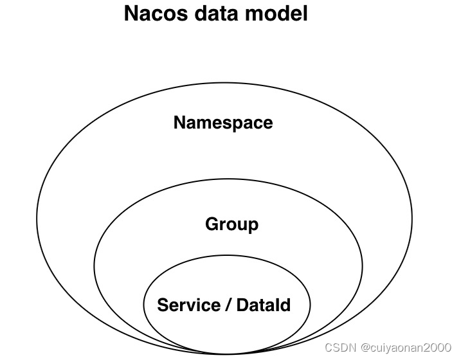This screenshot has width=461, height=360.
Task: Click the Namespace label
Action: [x=223, y=122]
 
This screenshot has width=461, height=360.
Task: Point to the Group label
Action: [x=231, y=224]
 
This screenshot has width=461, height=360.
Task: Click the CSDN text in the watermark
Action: [x=339, y=348]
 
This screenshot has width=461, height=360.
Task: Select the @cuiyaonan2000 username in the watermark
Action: [x=405, y=348]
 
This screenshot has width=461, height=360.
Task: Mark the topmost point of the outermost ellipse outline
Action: [x=224, y=82]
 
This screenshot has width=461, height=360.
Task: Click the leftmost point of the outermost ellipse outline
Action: [x=37, y=219]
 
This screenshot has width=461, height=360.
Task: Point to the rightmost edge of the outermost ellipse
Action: [x=412, y=219]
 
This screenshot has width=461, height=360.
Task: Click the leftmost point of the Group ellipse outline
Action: [x=95, y=265]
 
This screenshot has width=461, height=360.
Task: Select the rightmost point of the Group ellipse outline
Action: [x=363, y=265]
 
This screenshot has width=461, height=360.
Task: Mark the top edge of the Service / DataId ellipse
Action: [x=226, y=255]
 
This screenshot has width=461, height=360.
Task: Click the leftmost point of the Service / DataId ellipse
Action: [x=142, y=304]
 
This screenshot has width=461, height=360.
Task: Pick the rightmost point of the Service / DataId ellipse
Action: [x=310, y=304]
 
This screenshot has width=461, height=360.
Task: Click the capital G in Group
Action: [x=212, y=224]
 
